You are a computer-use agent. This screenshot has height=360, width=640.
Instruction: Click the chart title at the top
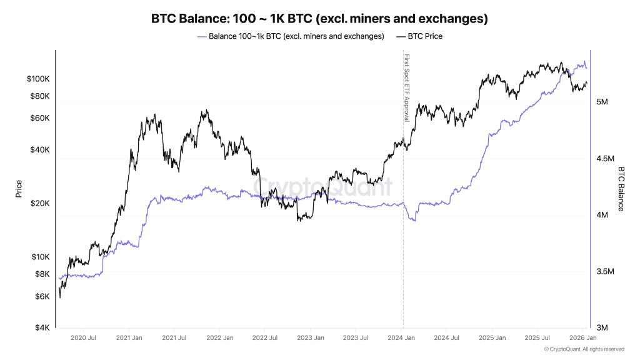pyautogui.click(x=319, y=19)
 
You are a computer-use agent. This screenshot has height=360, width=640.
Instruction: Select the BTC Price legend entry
pyautogui.click(x=419, y=36)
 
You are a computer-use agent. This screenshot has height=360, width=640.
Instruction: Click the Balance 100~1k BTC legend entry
pyautogui.click(x=291, y=36)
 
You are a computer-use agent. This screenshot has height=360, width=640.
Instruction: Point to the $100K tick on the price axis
pyautogui.click(x=37, y=79)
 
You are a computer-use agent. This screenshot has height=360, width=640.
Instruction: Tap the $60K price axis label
pyautogui.click(x=39, y=118)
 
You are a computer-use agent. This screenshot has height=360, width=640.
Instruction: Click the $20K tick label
pyautogui.click(x=39, y=204)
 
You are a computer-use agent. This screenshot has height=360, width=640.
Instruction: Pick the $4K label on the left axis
pyautogui.click(x=41, y=327)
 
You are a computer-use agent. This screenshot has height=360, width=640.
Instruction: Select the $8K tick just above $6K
pyautogui.click(x=41, y=274)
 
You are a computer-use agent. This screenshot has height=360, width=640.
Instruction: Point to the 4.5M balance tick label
pyautogui.click(x=606, y=159)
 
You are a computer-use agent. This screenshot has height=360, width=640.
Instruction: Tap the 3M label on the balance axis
pyautogui.click(x=602, y=327)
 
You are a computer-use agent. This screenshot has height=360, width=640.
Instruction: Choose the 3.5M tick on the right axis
pyautogui.click(x=606, y=272)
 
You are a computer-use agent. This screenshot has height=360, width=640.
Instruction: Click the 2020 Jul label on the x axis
pyautogui.click(x=83, y=338)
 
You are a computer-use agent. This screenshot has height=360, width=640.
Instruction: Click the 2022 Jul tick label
pyautogui.click(x=264, y=338)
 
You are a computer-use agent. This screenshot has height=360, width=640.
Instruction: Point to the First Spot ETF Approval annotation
pyautogui.click(x=406, y=87)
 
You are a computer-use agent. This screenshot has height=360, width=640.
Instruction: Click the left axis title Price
pyautogui.click(x=19, y=189)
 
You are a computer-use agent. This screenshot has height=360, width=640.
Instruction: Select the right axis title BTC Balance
pyautogui.click(x=621, y=189)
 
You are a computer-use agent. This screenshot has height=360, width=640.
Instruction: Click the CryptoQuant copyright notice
pyautogui.click(x=584, y=349)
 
